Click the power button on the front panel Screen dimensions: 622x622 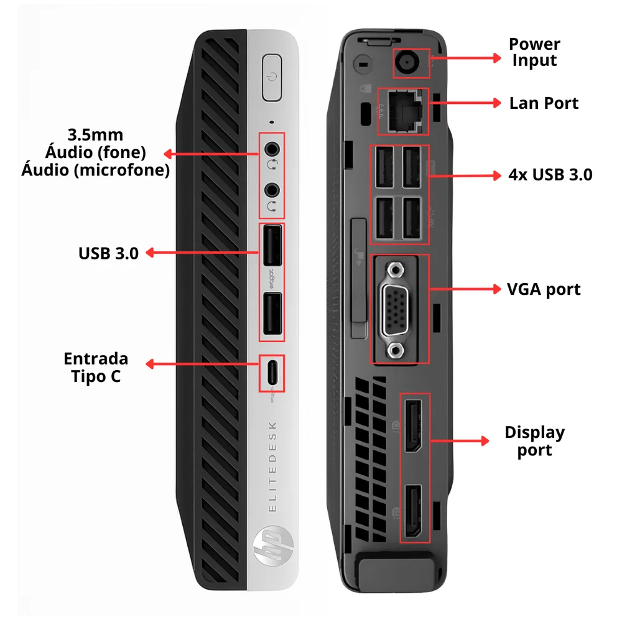(272, 77)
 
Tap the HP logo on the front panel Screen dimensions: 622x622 (273, 546)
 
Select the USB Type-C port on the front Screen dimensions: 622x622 (272, 373)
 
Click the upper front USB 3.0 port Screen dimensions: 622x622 (272, 245)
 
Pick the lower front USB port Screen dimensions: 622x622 (272, 313)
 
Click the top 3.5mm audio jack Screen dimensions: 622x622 (272, 149)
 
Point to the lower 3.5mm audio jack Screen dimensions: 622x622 (272, 190)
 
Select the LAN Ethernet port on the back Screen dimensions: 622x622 (404, 111)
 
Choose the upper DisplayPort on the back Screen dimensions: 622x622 (414, 426)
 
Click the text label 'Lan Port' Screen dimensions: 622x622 (544, 103)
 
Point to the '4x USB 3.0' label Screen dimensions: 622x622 (550, 175)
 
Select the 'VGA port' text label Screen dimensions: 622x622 (544, 290)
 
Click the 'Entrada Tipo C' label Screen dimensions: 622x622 (96, 368)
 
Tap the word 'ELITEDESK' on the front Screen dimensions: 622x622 (272, 466)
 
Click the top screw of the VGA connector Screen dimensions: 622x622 (395, 271)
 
